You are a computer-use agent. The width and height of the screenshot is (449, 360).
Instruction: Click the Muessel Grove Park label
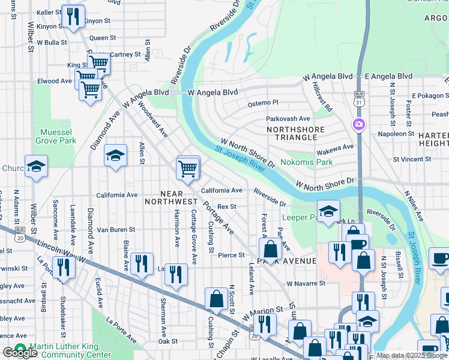click(x=58, y=136)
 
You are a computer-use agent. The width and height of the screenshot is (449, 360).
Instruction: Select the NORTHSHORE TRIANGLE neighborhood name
click(x=295, y=133)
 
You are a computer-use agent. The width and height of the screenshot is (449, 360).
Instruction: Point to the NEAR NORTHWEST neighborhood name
click(x=170, y=196)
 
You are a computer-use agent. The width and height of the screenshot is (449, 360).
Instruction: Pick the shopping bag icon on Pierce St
click(x=271, y=248)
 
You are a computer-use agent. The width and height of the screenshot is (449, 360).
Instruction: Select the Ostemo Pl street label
click(x=264, y=103)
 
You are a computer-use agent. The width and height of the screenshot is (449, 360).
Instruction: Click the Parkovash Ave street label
click(x=288, y=119)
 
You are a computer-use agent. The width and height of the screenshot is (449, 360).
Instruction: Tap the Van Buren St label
click(x=116, y=229)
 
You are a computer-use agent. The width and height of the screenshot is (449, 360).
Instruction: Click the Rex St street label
click(x=227, y=206)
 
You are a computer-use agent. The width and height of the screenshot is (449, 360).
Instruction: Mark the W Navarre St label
click(x=306, y=283)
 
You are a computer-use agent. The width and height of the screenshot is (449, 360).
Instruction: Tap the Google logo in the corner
click(x=20, y=353)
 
